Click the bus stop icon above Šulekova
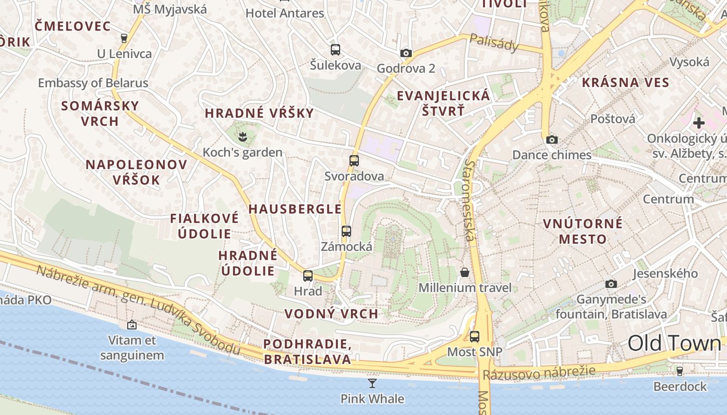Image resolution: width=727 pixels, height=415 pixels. pyautogui.click(x=335, y=50)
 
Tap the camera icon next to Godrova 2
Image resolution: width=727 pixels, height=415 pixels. pyautogui.click(x=406, y=53)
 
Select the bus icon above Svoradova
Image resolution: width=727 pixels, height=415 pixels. pyautogui.click(x=354, y=161)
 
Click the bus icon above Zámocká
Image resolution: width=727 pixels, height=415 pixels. pyautogui.click(x=346, y=231)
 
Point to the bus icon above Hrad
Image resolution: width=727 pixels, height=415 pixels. pyautogui.click(x=308, y=276)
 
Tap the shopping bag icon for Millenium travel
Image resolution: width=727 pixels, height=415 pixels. pyautogui.click(x=465, y=272)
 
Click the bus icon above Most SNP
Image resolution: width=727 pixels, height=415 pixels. pyautogui.click(x=475, y=337)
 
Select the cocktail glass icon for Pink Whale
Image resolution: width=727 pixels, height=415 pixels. pyautogui.click(x=372, y=383)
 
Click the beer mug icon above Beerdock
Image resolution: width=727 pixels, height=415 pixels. pyautogui.click(x=679, y=371)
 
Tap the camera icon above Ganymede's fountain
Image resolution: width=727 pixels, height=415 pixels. pyautogui.click(x=611, y=284)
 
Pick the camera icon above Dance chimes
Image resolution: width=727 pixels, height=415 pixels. pyautogui.click(x=551, y=140)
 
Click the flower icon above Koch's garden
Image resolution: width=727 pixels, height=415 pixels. pyautogui.click(x=242, y=137)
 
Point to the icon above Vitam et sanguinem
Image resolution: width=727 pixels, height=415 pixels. pyautogui.click(x=132, y=325)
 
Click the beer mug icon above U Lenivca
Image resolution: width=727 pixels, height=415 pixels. pyautogui.click(x=124, y=38)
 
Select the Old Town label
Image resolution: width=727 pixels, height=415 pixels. pyautogui.click(x=674, y=343)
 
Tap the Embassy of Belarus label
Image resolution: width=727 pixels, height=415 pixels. pyautogui.click(x=93, y=83)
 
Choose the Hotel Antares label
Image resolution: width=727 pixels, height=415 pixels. pyautogui.click(x=285, y=13)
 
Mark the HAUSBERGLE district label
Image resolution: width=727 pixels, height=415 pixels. pyautogui.click(x=295, y=209)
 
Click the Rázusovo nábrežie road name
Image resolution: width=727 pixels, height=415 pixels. pyautogui.click(x=538, y=372)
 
